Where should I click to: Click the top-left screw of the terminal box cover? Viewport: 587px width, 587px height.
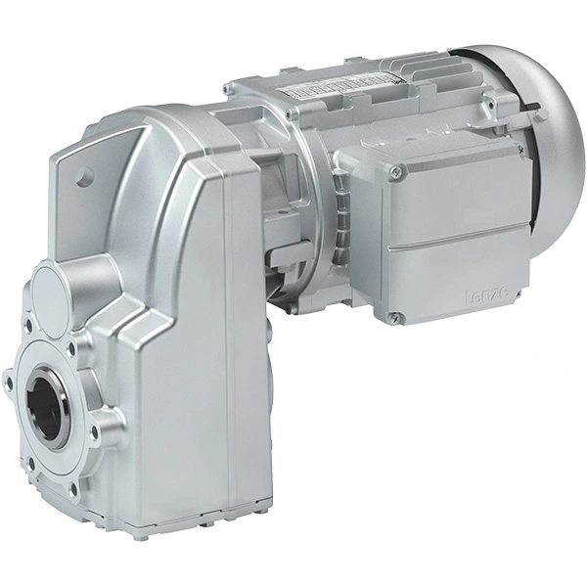[395, 173]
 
